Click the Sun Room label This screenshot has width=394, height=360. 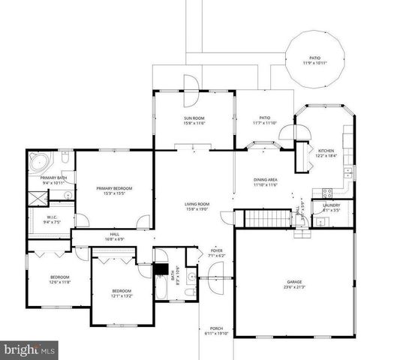(x=194, y=118)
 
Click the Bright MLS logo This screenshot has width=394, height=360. (x=29, y=349)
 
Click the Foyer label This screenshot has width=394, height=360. (x=217, y=250)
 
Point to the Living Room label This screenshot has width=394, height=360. (x=197, y=204)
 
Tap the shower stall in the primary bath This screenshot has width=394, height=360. (x=38, y=197)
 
